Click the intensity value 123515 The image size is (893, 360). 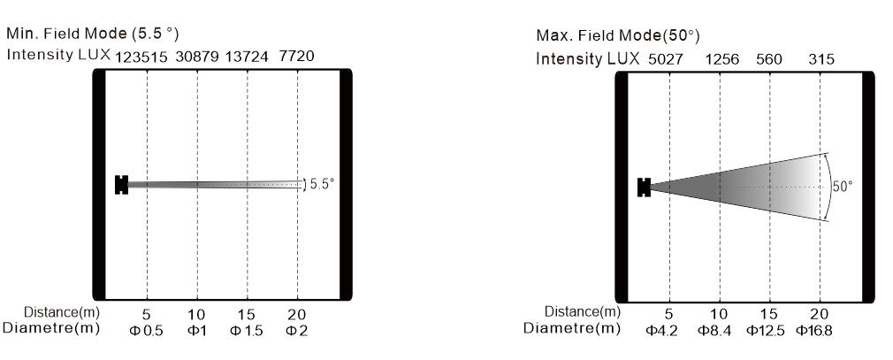pyautogui.click(x=141, y=57)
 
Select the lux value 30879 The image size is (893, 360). pyautogui.click(x=197, y=57)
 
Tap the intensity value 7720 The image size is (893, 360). pyautogui.click(x=296, y=57)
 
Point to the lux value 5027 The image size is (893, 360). pyautogui.click(x=665, y=59)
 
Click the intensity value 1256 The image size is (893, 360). pyautogui.click(x=722, y=59)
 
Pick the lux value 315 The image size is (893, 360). pyautogui.click(x=821, y=59)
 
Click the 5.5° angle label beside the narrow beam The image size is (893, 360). pyautogui.click(x=323, y=184)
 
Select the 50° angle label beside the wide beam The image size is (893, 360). pyautogui.click(x=843, y=187)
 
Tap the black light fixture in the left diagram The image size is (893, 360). pyautogui.click(x=121, y=185)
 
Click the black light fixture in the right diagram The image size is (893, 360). pyautogui.click(x=645, y=188)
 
